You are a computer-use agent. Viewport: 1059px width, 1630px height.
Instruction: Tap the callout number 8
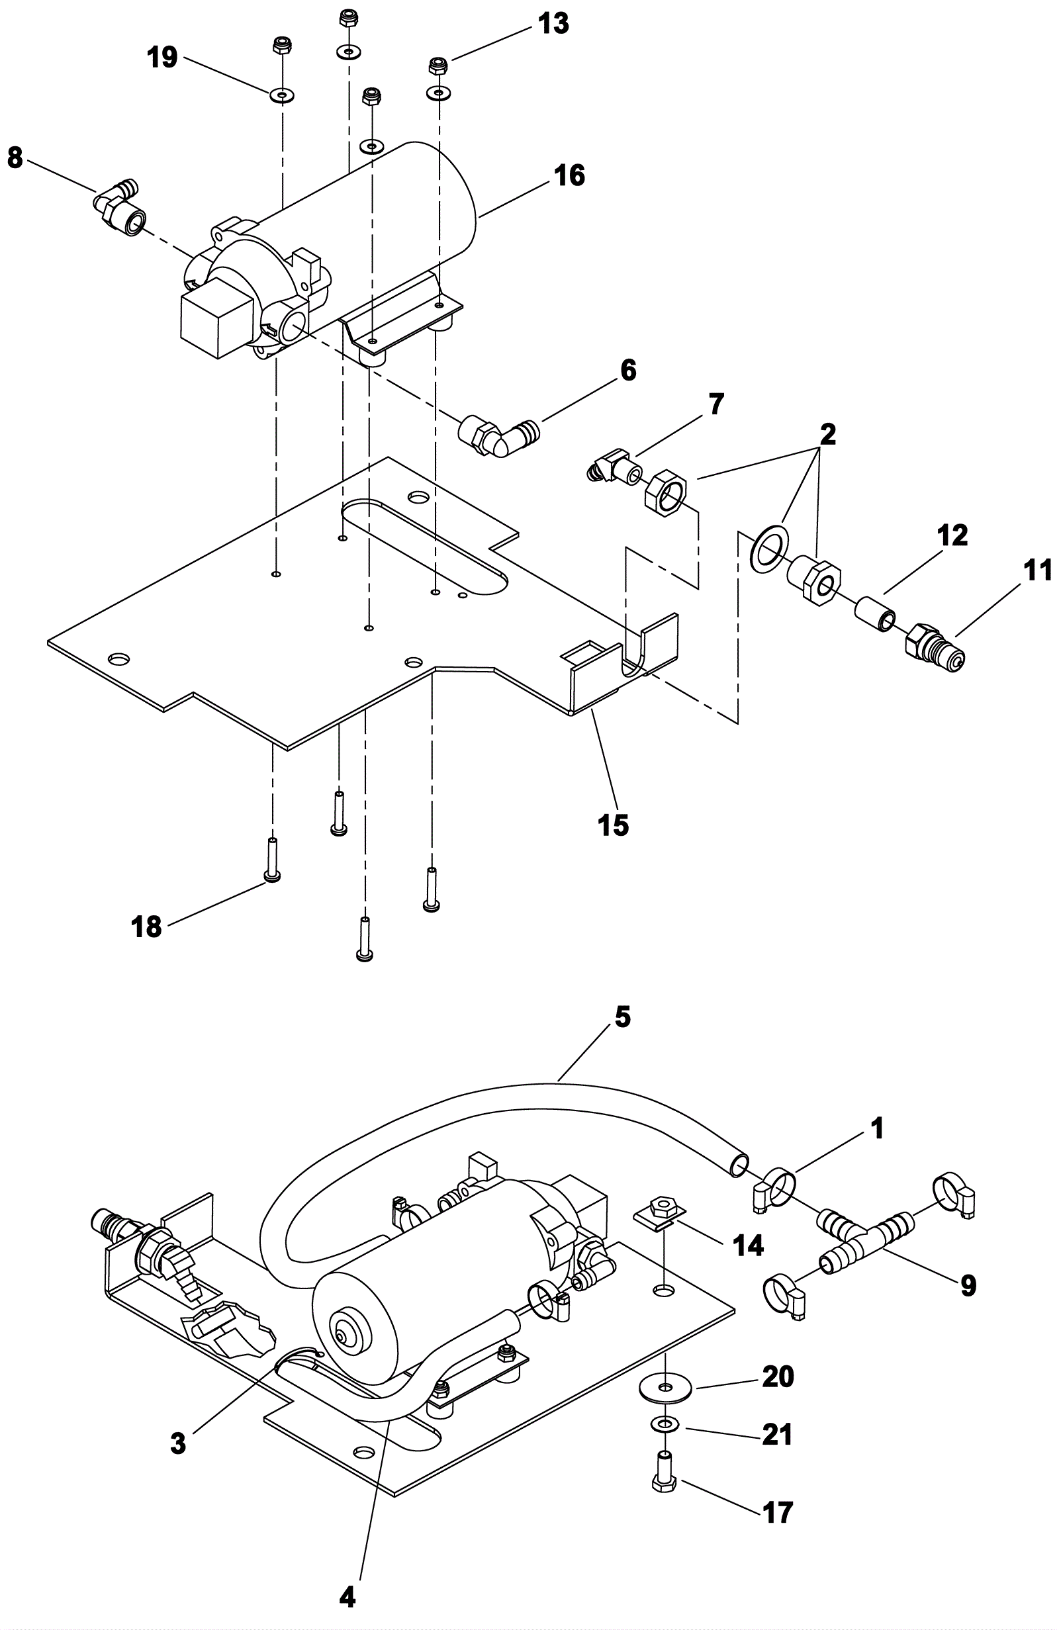pos(15,158)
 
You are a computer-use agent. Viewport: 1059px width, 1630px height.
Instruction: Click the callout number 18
pos(146,927)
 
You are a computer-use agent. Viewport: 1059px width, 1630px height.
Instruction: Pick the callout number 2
pos(827,433)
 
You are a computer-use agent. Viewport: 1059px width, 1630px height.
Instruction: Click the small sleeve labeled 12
pos(876,611)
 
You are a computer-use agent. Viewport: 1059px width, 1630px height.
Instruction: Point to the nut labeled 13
pos(437,66)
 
